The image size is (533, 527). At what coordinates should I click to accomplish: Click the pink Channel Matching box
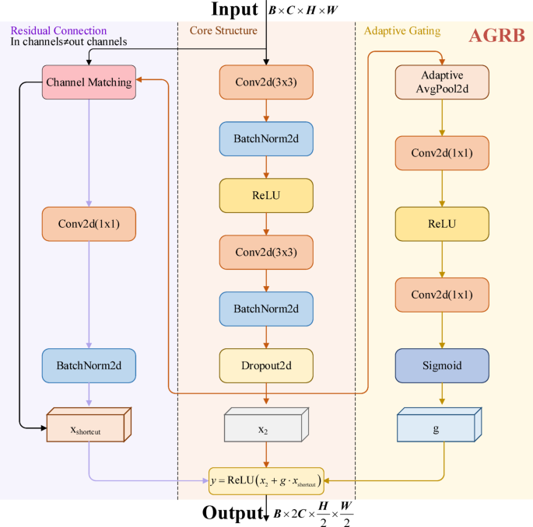89,82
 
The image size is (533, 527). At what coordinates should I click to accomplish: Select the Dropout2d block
266,363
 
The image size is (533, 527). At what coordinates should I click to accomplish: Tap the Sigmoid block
442,363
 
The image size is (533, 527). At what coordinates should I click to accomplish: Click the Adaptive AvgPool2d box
442,82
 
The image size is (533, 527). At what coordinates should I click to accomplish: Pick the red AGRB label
496,37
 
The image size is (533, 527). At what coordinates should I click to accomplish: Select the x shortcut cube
87,428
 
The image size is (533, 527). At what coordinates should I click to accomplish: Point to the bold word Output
231,513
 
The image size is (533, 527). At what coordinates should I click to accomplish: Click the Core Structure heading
223,30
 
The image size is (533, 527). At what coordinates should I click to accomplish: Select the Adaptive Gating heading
402,30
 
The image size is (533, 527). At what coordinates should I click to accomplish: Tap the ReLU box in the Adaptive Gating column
442,223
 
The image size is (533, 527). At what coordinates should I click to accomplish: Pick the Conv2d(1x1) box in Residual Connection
89,223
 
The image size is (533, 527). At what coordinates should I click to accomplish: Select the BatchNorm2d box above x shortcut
89,363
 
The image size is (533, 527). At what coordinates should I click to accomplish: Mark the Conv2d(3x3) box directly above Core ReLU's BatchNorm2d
266,82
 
